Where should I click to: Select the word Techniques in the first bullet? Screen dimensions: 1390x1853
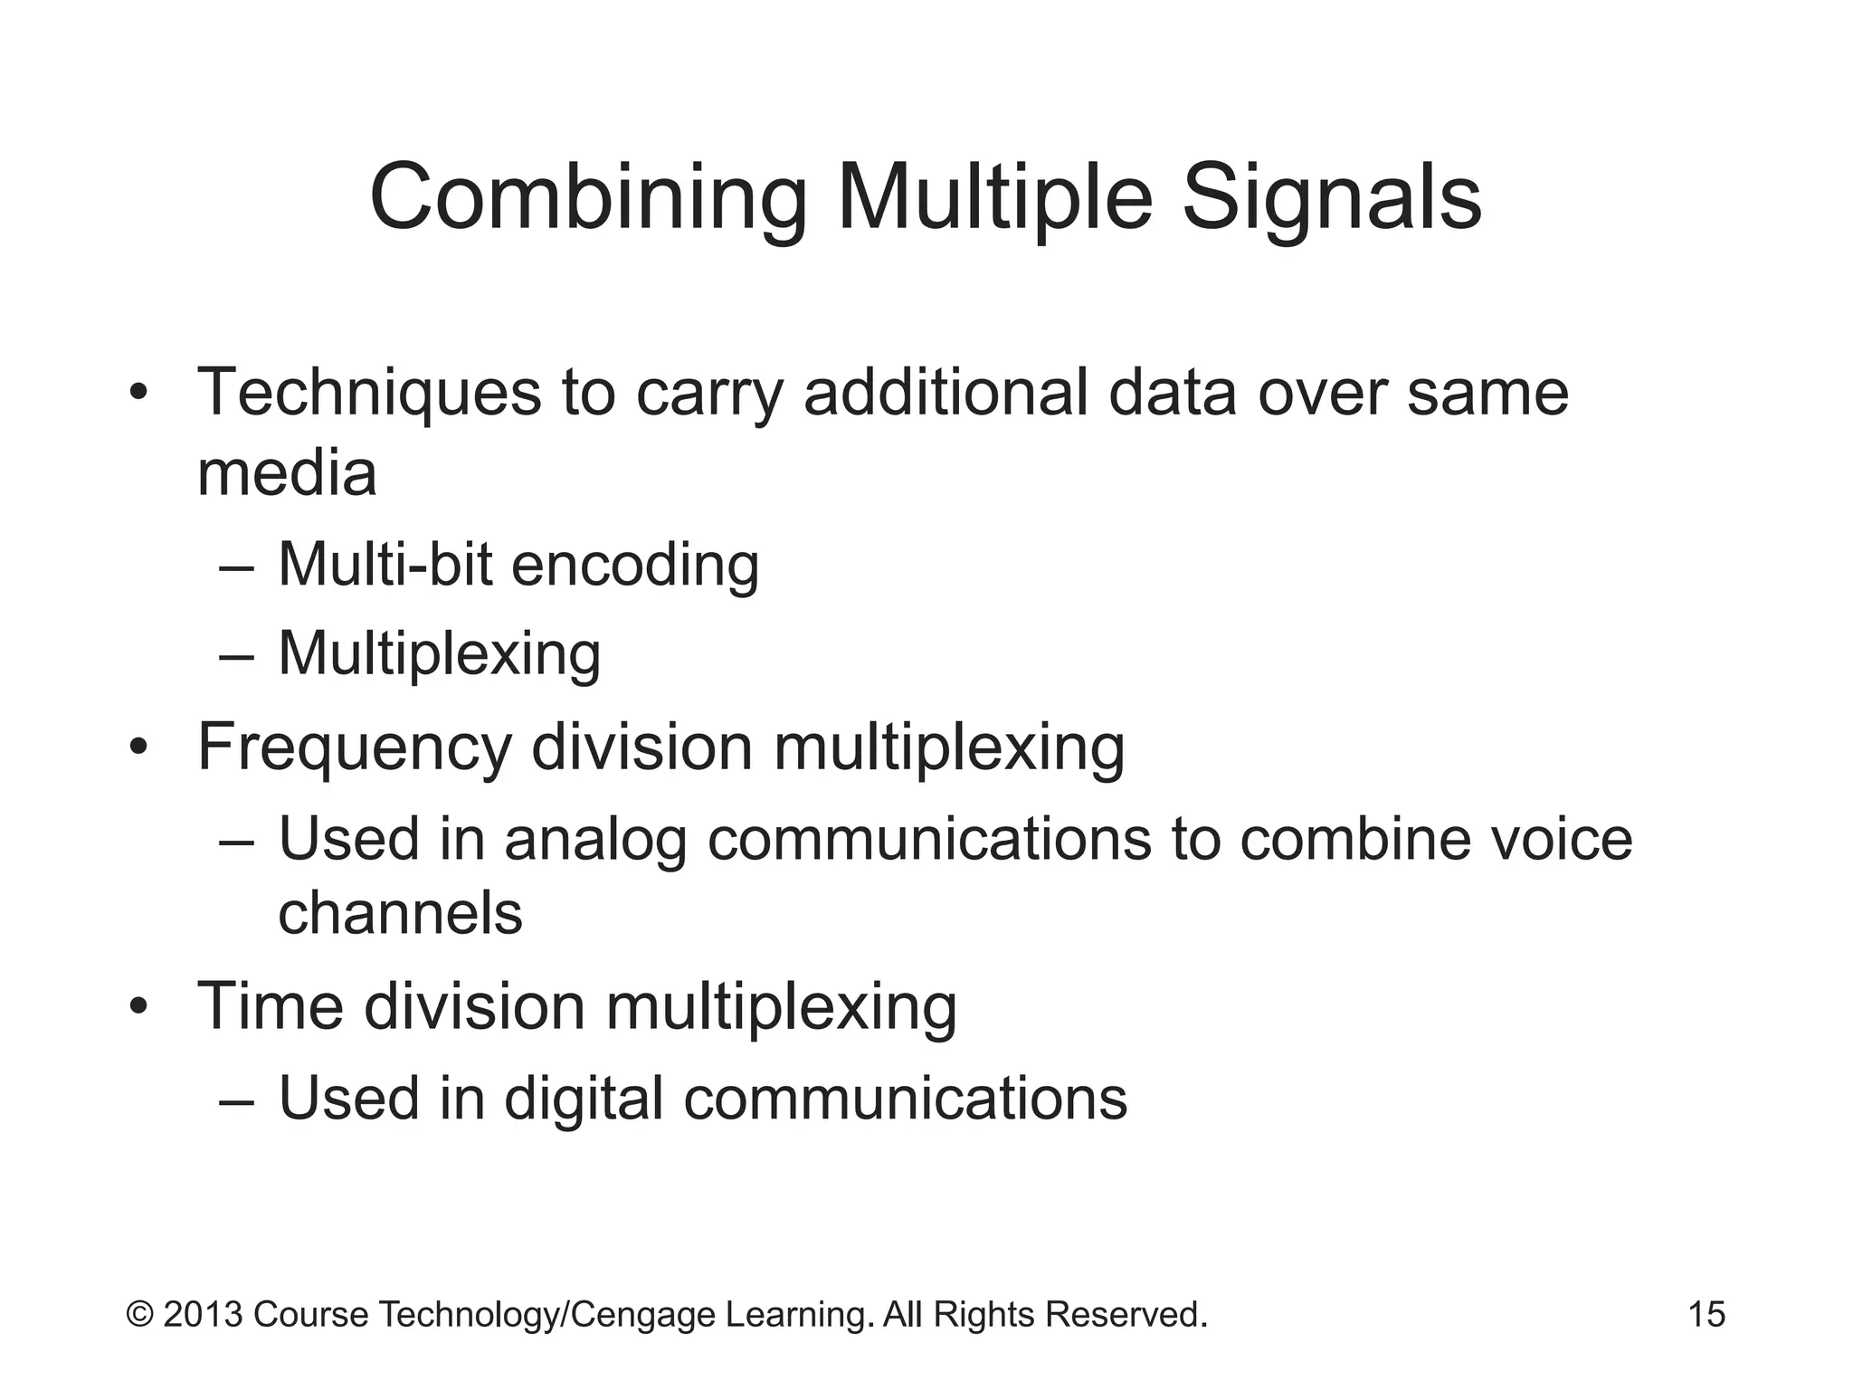tap(369, 393)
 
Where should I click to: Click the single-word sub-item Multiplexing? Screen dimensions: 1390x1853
tap(439, 653)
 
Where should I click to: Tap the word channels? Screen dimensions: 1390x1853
tap(400, 912)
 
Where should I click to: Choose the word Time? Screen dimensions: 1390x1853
tap(271, 1006)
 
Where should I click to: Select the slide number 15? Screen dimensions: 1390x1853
tap(1706, 1314)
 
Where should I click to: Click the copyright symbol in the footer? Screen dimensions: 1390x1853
tap(139, 1314)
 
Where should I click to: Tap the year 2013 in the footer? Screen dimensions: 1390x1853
tap(203, 1314)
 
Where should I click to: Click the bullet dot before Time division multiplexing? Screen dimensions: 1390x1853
tap(138, 1008)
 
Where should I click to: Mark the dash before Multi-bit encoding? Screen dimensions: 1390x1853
tap(237, 568)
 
